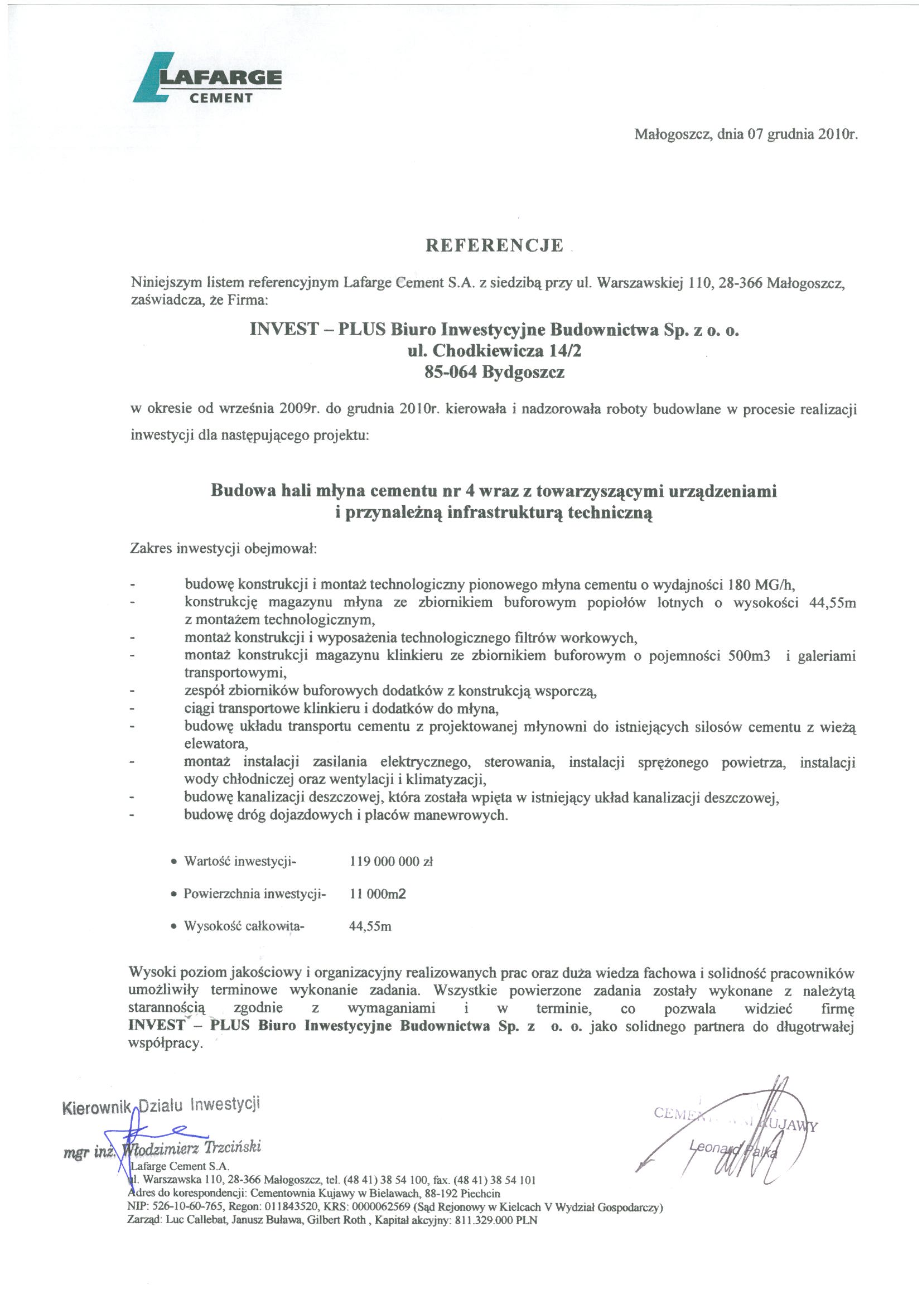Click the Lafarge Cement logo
coord(207,79)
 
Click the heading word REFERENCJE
coord(494,245)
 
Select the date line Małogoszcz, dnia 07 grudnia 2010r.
coord(745,134)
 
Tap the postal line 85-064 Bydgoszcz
coord(494,373)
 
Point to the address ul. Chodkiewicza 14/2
coord(494,351)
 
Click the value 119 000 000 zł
coord(392,862)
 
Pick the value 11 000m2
coord(377,894)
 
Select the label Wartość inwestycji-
coord(240,862)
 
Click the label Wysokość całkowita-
coord(244,926)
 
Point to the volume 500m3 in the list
coord(749,656)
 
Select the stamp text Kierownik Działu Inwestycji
coord(161,1107)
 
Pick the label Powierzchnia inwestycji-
coord(254,894)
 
